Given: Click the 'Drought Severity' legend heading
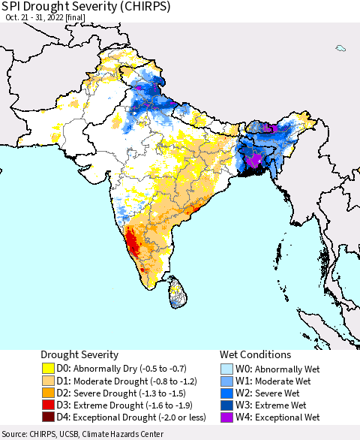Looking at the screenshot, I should pos(79,354).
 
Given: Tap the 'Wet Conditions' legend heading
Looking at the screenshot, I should pos(255,354).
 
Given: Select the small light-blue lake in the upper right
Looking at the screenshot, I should pos(340,48).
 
